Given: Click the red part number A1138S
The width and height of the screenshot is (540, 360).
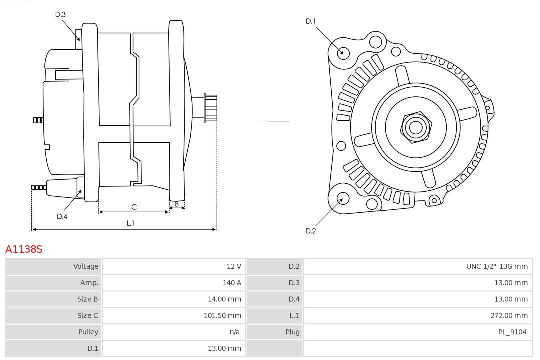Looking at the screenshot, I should [24, 249].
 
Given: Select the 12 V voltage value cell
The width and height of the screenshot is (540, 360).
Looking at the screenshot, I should [234, 266].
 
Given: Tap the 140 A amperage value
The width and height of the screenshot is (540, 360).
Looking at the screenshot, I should [232, 283].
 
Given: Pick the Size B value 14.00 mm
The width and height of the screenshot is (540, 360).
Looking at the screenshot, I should [224, 299].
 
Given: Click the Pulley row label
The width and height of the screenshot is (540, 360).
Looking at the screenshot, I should [88, 332].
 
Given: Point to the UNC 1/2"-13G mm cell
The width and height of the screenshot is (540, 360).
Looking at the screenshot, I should [497, 266].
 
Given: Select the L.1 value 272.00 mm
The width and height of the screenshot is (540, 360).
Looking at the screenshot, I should [509, 316].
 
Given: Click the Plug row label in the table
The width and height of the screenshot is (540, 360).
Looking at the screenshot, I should [292, 332].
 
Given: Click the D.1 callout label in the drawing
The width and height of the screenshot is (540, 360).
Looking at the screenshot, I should [311, 21].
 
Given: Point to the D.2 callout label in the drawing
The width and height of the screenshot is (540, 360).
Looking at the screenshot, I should [311, 231].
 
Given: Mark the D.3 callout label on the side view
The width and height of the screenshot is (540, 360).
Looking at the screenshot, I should [60, 15].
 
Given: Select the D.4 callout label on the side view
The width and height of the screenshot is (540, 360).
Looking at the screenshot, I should [62, 216].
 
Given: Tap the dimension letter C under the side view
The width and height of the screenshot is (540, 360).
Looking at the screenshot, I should [134, 207].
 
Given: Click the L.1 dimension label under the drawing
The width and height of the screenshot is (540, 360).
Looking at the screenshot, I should [130, 223].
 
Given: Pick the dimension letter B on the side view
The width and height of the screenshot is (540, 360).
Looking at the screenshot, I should [177, 204].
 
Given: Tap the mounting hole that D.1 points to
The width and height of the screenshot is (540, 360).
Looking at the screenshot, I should [343, 52].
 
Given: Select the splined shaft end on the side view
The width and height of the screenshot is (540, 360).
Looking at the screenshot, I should [210, 108].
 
